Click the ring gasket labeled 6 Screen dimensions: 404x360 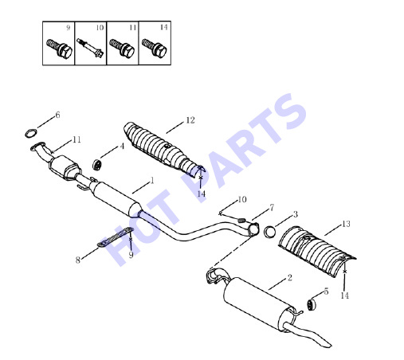[x=27, y=134]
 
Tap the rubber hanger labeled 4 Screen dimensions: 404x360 [x=97, y=165]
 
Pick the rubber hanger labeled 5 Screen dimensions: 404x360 [x=312, y=304]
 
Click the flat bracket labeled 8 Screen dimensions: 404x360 [x=115, y=237]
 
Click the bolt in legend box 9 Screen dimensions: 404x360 [x=59, y=48]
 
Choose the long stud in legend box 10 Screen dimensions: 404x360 [x=90, y=48]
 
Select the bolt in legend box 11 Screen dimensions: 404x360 [x=122, y=48]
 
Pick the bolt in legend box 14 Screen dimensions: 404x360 [x=154, y=48]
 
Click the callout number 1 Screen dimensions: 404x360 [x=152, y=181]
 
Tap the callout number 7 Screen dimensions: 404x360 [x=272, y=207]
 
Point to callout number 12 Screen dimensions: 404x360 [x=190, y=120]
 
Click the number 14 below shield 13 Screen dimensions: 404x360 [x=344, y=295]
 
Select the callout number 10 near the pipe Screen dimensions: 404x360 [x=242, y=199]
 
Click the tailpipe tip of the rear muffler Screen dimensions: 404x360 [x=327, y=344]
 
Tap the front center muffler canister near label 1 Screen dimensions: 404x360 [x=116, y=198]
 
